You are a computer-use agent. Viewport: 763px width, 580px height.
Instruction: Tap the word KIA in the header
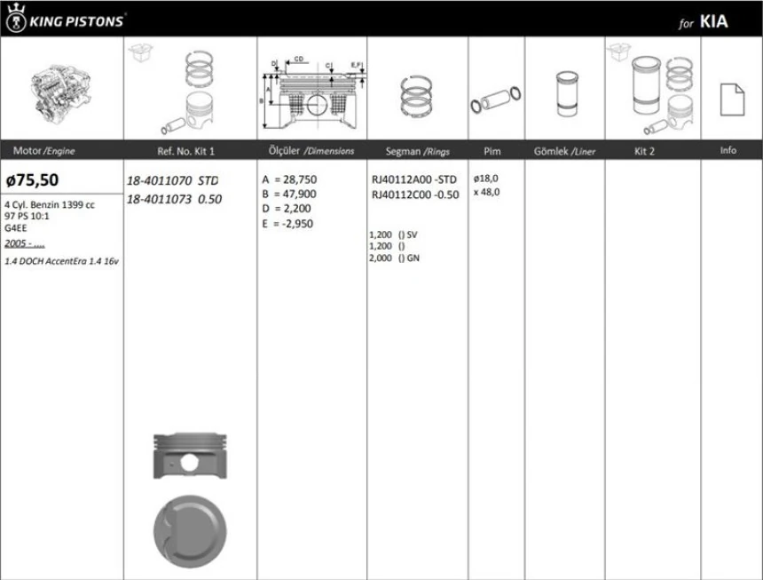[x=713, y=22]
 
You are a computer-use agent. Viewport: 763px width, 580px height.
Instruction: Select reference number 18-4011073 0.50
[x=173, y=199]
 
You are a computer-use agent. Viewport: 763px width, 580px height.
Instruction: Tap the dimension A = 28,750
[x=288, y=179]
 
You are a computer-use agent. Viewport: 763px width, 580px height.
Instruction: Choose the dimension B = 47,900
[x=288, y=194]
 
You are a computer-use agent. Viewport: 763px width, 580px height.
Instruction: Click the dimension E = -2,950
[x=288, y=224]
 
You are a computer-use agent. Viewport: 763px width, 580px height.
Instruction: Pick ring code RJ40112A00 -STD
[x=414, y=179]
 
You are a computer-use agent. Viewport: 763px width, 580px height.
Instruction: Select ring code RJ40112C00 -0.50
[x=414, y=195]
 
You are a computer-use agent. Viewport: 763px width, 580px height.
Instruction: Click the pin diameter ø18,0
[x=486, y=178]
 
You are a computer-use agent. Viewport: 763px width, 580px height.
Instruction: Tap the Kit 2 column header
[x=645, y=151]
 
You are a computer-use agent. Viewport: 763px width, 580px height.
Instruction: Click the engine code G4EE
[x=17, y=227]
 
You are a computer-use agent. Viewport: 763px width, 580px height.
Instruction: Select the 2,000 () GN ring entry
[x=393, y=258]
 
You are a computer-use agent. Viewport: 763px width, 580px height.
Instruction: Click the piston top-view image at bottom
[x=188, y=531]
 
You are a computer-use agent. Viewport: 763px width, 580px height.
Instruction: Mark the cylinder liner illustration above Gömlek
[x=564, y=93]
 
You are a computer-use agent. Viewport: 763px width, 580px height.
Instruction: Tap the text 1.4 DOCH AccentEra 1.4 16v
[x=62, y=263]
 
